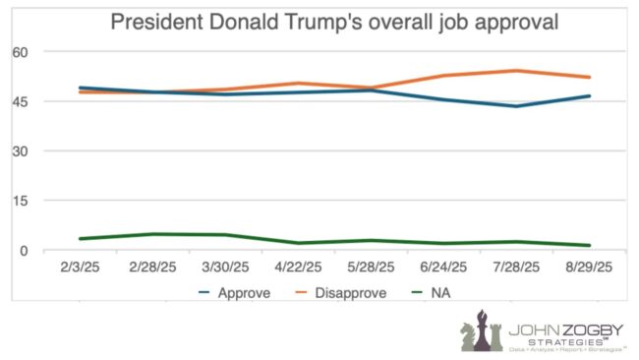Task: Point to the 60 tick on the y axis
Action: click(x=21, y=51)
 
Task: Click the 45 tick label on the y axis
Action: click(x=21, y=101)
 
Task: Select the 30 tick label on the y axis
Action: click(x=21, y=151)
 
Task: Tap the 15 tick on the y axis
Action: click(x=21, y=201)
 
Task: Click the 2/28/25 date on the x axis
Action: click(x=152, y=268)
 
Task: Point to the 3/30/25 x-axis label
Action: click(x=229, y=268)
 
